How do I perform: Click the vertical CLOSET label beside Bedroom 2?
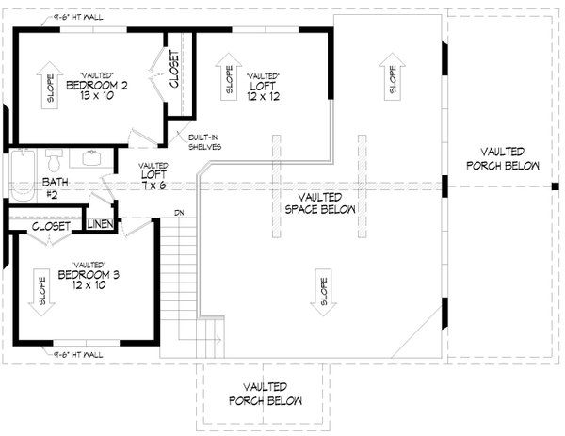[175, 70]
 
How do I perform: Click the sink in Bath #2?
[93, 157]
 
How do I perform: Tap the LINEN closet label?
[101, 224]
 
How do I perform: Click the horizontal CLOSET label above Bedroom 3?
[47, 226]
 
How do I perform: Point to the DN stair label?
[178, 213]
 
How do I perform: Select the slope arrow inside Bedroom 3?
[41, 287]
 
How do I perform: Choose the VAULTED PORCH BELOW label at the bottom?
[265, 394]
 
